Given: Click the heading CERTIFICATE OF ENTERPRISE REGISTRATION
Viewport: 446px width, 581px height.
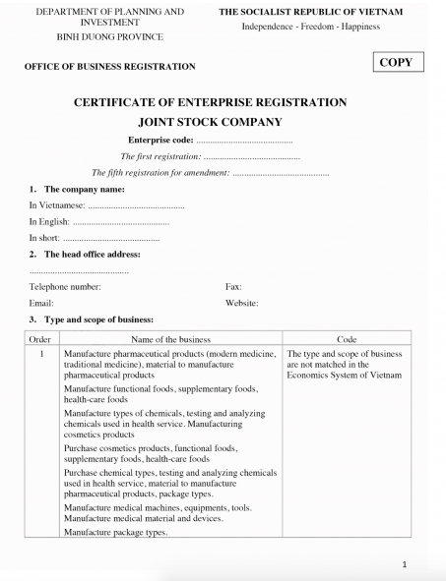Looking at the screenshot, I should tap(223, 103).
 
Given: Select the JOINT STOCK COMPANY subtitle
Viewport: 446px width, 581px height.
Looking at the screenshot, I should tap(223, 123).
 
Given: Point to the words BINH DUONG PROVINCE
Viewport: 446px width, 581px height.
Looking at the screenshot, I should tap(110, 36).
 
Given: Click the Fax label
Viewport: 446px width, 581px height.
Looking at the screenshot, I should tap(234, 287).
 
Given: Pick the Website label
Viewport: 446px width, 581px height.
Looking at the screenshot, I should tap(242, 304).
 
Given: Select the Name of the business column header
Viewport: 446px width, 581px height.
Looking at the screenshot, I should tap(170, 338).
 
